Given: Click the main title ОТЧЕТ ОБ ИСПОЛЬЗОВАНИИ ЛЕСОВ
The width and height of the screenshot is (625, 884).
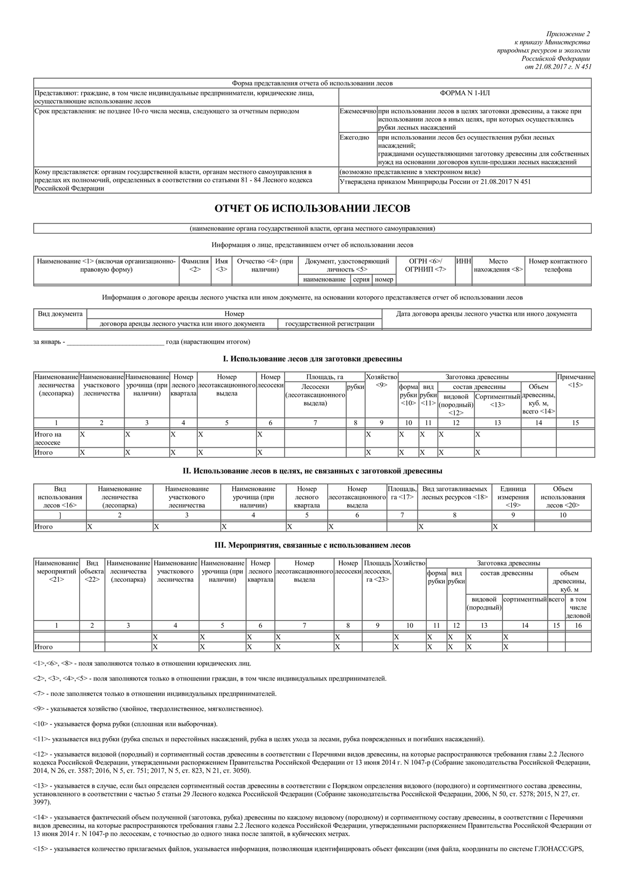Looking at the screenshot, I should [x=312, y=209].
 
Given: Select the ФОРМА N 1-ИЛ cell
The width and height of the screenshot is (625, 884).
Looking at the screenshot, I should [x=464, y=93].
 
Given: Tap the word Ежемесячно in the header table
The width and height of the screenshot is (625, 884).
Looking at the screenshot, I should [x=358, y=111].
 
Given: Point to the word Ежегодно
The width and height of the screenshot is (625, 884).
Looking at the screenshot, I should [x=354, y=138].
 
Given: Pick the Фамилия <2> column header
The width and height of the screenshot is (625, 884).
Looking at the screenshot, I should [x=195, y=265].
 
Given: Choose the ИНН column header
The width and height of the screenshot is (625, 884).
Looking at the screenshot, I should [x=463, y=262].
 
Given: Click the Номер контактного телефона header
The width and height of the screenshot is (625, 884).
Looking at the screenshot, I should [x=558, y=265].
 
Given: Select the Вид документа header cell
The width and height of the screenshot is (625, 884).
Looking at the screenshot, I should [x=60, y=314].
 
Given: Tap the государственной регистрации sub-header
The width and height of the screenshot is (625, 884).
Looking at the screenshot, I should [x=330, y=324].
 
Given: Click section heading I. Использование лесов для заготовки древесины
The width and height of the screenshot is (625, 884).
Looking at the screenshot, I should [x=312, y=359].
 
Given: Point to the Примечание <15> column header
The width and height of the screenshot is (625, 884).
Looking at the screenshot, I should [x=575, y=381].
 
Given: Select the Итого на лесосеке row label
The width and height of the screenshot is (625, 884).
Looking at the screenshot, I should [x=48, y=438].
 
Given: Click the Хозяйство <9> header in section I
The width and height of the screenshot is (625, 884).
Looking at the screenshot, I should [x=381, y=381].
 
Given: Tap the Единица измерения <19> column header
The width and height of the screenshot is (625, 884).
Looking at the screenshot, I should [x=513, y=497].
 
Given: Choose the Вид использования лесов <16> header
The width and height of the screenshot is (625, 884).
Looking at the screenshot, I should [x=60, y=497].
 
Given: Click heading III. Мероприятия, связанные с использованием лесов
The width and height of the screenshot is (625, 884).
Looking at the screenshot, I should [x=312, y=545].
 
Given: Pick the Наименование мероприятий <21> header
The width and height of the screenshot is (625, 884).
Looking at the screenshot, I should [x=57, y=571].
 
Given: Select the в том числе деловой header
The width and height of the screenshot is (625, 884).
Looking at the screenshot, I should [x=578, y=607].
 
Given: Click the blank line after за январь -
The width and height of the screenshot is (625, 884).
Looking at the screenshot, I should [x=115, y=342].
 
